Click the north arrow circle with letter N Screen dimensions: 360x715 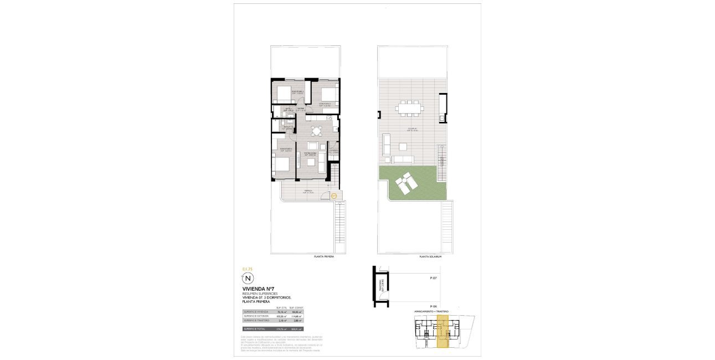(248, 278)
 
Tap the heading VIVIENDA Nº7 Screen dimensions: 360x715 (258, 289)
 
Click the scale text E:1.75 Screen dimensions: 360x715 (247, 269)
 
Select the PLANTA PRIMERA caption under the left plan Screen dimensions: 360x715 (324, 257)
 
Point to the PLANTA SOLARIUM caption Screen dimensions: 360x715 (430, 257)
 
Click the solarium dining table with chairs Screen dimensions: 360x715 (410, 108)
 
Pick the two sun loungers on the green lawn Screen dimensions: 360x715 (405, 183)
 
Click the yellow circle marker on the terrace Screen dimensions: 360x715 (334, 195)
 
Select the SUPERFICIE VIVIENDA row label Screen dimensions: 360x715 (256, 312)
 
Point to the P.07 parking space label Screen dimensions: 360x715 (434, 279)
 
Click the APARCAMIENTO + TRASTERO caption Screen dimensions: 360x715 (431, 312)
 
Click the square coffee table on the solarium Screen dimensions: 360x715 (402, 147)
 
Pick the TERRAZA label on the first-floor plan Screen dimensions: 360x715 (307, 191)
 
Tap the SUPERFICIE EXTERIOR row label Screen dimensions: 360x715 (256, 316)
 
